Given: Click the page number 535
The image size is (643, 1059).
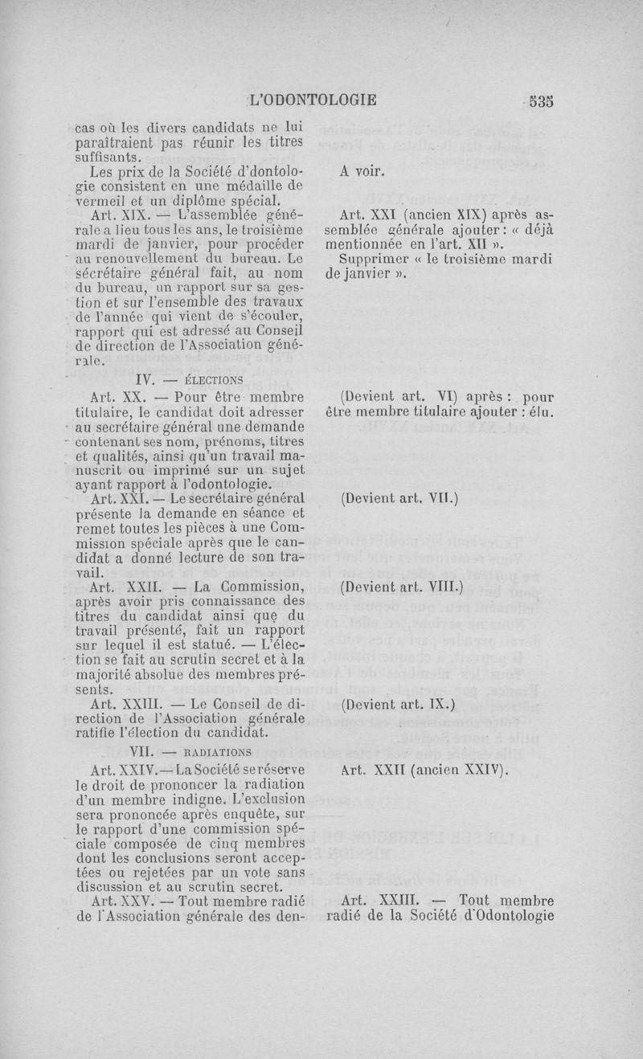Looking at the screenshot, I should [542, 101].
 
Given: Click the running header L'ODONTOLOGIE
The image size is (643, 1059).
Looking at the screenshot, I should [313, 101].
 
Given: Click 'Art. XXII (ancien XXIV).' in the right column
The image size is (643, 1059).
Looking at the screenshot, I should [426, 770].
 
